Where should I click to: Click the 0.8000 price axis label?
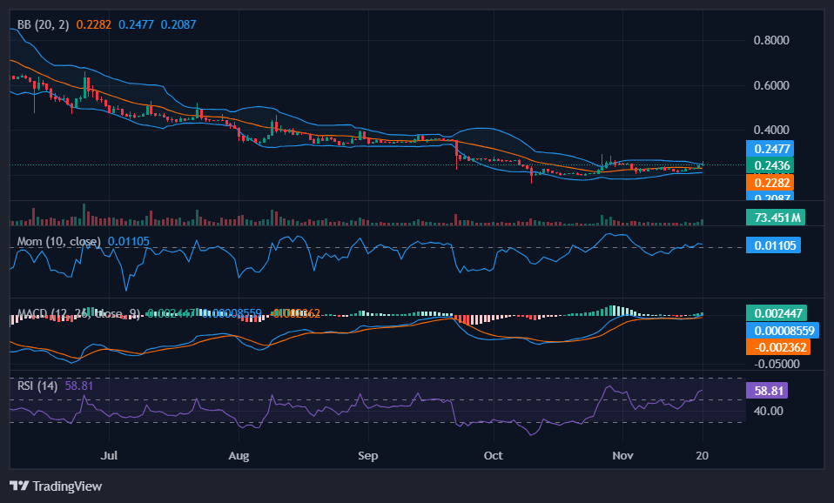tap(771, 40)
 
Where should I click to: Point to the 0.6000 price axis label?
tap(771, 85)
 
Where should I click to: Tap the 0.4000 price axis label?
tap(771, 130)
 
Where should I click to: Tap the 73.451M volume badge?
tap(775, 217)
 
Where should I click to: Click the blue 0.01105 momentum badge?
tap(773, 245)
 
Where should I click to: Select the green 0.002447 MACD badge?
tap(777, 312)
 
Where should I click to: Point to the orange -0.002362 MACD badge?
tap(777, 346)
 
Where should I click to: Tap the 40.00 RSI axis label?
tap(769, 411)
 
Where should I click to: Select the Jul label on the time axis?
tap(109, 455)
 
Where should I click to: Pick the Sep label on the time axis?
tap(367, 455)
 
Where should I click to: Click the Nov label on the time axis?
tap(622, 455)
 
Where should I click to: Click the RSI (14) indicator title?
tap(37, 385)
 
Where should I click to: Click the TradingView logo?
tap(56, 486)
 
